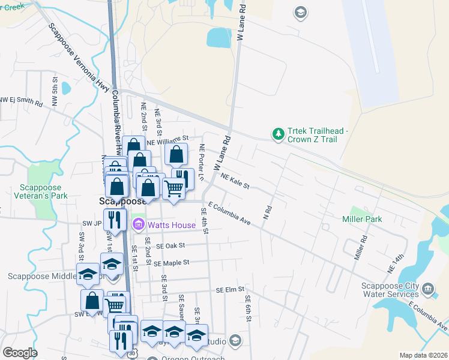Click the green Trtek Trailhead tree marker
[x=278, y=134]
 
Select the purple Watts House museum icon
[x=138, y=225]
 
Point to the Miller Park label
[x=362, y=219]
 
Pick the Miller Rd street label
[x=360, y=247]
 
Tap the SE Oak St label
[x=171, y=245]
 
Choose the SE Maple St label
[x=171, y=263]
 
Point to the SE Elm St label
[x=232, y=290]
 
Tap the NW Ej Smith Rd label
[x=22, y=101]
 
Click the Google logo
[x=20, y=353]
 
